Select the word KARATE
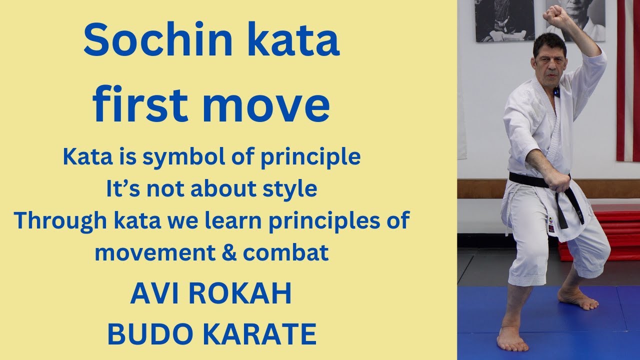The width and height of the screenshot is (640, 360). (x=257, y=334)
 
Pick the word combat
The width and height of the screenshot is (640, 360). (x=286, y=252)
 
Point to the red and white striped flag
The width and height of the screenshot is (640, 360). (x=628, y=80)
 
